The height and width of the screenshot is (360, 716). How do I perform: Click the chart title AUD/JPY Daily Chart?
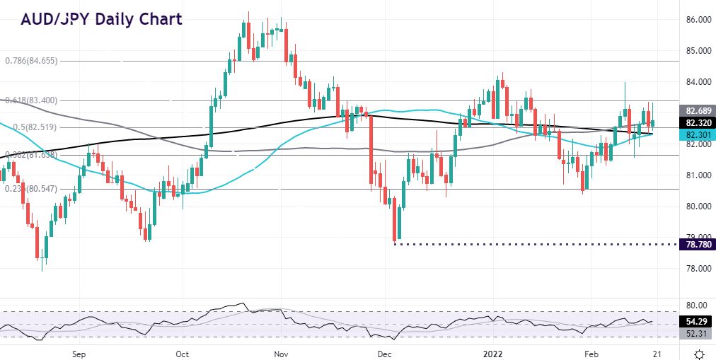click(x=101, y=18)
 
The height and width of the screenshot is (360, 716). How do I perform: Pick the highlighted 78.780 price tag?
click(x=695, y=244)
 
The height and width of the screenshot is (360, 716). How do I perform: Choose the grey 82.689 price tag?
click(x=695, y=111)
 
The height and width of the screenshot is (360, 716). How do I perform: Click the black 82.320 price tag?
click(x=695, y=122)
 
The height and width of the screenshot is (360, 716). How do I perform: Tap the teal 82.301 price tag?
click(x=695, y=134)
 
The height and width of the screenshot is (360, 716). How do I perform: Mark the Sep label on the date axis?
click(x=78, y=353)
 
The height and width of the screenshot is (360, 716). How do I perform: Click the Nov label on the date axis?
click(x=281, y=353)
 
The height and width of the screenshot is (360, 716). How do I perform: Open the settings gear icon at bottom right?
click(x=699, y=353)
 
